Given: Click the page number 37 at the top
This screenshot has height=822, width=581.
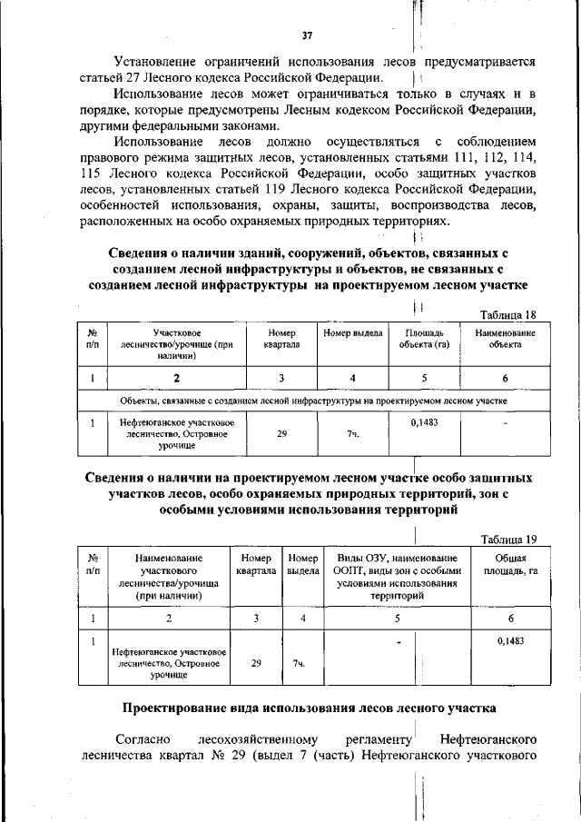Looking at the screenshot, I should coord(307,35).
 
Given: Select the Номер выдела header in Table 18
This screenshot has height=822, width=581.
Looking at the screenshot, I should coord(353,333).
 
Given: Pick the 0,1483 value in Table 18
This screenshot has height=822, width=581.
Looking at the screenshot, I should coord(425,422).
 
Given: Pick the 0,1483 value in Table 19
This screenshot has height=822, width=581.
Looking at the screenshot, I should coord(511,641).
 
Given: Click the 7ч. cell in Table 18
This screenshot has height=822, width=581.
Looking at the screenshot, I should coord(353,435).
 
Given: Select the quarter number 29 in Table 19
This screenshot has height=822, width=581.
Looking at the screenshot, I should coord(256,663).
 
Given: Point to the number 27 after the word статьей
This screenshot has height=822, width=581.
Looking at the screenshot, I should coord(123,78).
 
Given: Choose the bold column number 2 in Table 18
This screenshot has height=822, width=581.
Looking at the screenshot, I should coord(176,378).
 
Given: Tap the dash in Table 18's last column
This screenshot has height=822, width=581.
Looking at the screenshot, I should coord(505,422).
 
